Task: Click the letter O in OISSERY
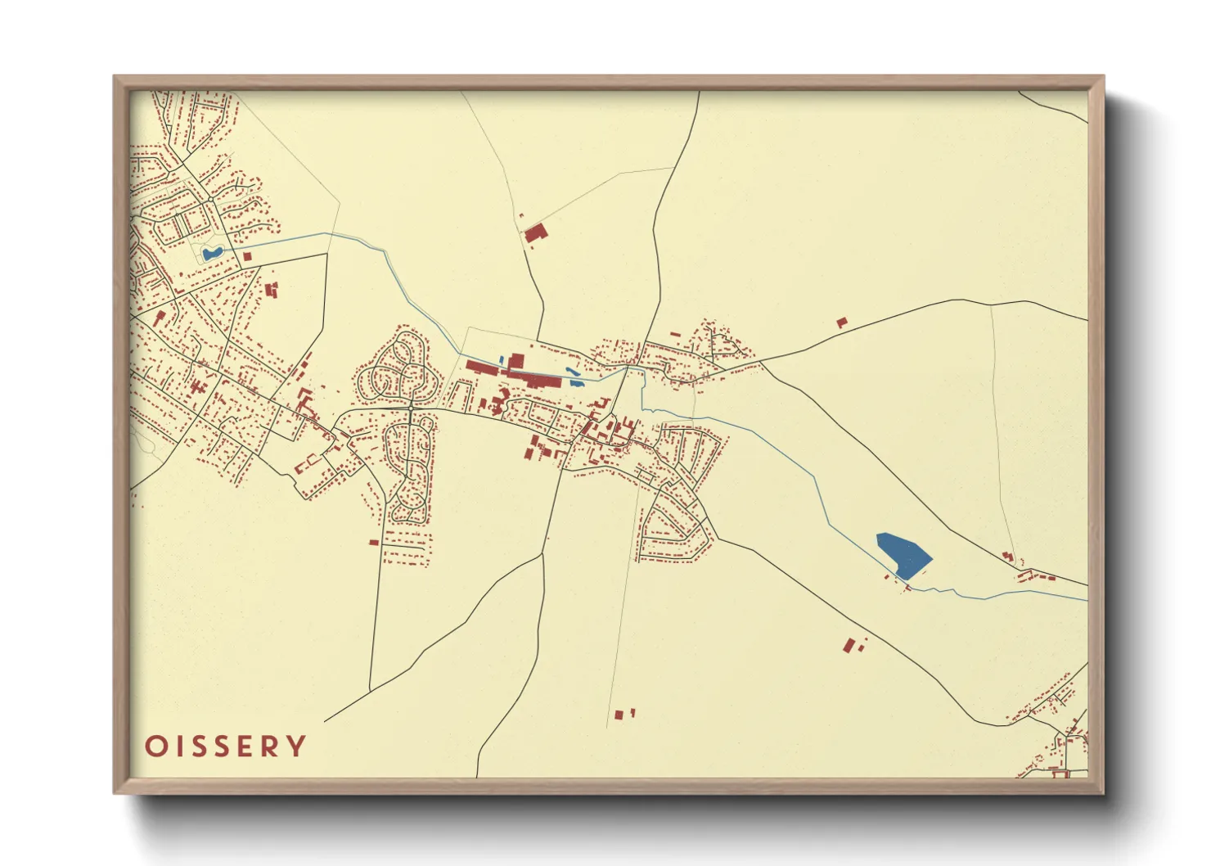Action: pos(154,746)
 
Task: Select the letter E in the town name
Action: pos(241,746)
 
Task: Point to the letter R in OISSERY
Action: pos(269,746)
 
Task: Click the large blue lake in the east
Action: pos(904,554)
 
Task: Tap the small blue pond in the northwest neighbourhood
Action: pos(212,254)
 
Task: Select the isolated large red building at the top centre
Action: pos(534,233)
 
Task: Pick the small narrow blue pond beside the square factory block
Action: pos(502,360)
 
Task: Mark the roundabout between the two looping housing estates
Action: pos(410,407)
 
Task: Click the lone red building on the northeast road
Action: pos(841,322)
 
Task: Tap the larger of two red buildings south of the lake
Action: pos(849,646)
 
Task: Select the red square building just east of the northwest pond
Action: pos(247,256)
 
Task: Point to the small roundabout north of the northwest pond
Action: pos(211,199)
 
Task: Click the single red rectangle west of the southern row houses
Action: pos(374,542)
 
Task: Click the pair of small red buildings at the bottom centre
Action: pos(624,715)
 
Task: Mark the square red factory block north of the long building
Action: pos(516,361)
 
